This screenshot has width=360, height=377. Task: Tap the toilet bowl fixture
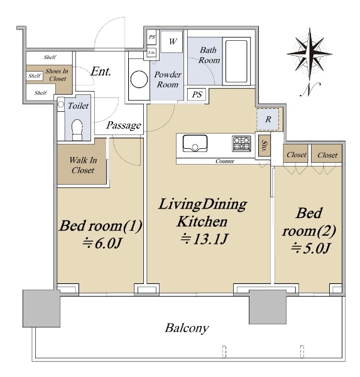tap(77, 130)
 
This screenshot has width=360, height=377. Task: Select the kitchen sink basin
tap(195, 143)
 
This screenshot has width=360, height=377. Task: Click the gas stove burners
tap(242, 144)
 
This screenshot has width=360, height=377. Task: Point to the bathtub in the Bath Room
tap(237, 61)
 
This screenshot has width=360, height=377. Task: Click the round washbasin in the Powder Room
tap(139, 79)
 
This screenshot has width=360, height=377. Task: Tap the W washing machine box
tap(172, 41)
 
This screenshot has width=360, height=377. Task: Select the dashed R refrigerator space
tap(268, 119)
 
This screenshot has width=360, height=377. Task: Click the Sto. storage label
tap(265, 146)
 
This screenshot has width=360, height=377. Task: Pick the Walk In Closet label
tap(83, 165)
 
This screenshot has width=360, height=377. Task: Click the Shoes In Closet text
tap(57, 75)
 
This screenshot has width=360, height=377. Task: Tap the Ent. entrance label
tap(101, 72)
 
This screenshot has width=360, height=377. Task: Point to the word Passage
tap(124, 126)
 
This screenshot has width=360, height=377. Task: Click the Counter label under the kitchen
tap(225, 161)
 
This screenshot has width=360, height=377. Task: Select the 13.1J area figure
tap(204, 239)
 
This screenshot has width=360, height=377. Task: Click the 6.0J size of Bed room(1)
tap(101, 244)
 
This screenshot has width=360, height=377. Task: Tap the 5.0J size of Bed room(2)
tap(310, 248)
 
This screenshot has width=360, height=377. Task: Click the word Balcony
tap(187, 328)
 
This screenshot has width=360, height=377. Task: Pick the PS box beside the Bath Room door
tap(197, 94)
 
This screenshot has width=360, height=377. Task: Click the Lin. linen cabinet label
tap(151, 53)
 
